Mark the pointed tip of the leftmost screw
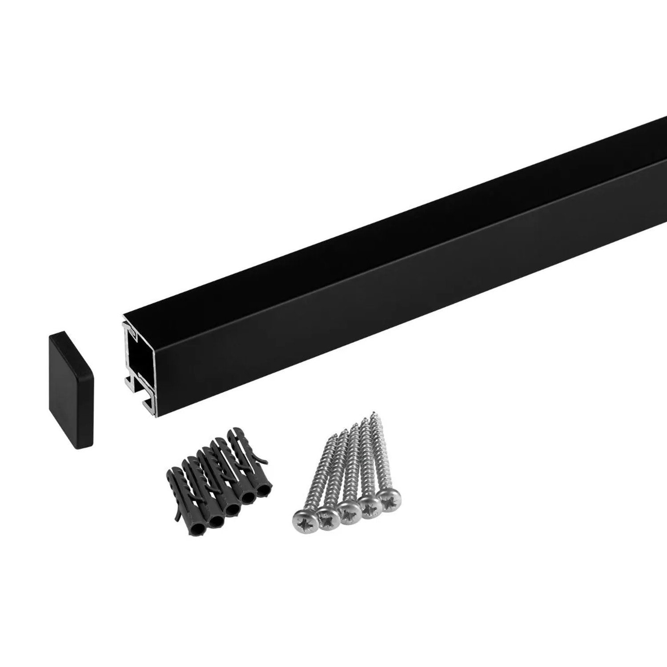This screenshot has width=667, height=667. click(x=330, y=438)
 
